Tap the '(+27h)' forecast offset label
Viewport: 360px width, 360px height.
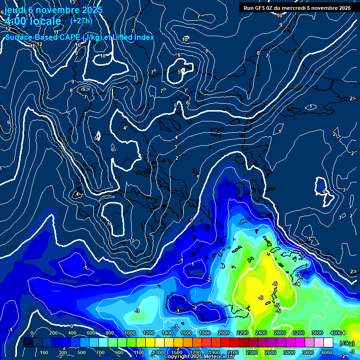click(81, 21)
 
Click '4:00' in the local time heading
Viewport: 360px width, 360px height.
click(15, 22)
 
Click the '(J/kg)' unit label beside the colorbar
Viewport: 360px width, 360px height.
click(346, 343)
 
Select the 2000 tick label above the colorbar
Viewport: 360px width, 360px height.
click(223, 333)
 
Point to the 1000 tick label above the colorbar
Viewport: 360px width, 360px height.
click(129, 333)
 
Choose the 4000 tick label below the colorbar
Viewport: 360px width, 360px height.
click(327, 352)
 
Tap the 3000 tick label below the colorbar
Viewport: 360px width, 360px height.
click(289, 352)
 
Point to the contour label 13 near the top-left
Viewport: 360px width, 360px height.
click(31, 3)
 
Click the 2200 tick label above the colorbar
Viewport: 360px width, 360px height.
click(242, 333)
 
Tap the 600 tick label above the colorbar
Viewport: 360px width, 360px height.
click(92, 333)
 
